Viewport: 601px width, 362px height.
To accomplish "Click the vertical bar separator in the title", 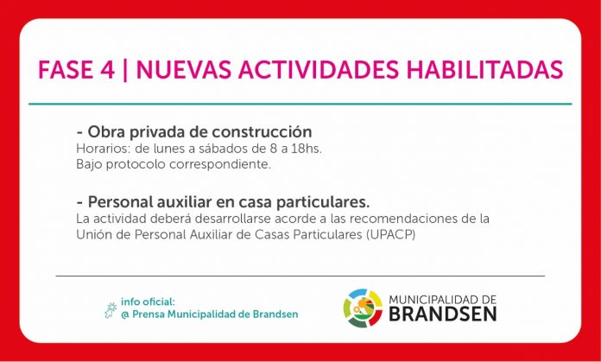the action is click(125, 70).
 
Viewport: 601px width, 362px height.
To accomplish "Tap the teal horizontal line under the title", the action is click(300, 104).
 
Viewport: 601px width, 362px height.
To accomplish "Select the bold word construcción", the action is click(263, 132).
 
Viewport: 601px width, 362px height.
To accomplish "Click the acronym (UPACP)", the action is click(390, 235).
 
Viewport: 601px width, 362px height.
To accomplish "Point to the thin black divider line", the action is click(300, 276).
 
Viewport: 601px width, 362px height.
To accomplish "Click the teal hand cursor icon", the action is click(110, 310).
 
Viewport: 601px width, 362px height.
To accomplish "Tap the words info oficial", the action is click(148, 302).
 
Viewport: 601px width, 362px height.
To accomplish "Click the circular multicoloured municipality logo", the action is click(363, 308).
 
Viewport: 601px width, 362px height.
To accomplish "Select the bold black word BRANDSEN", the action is click(443, 314).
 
